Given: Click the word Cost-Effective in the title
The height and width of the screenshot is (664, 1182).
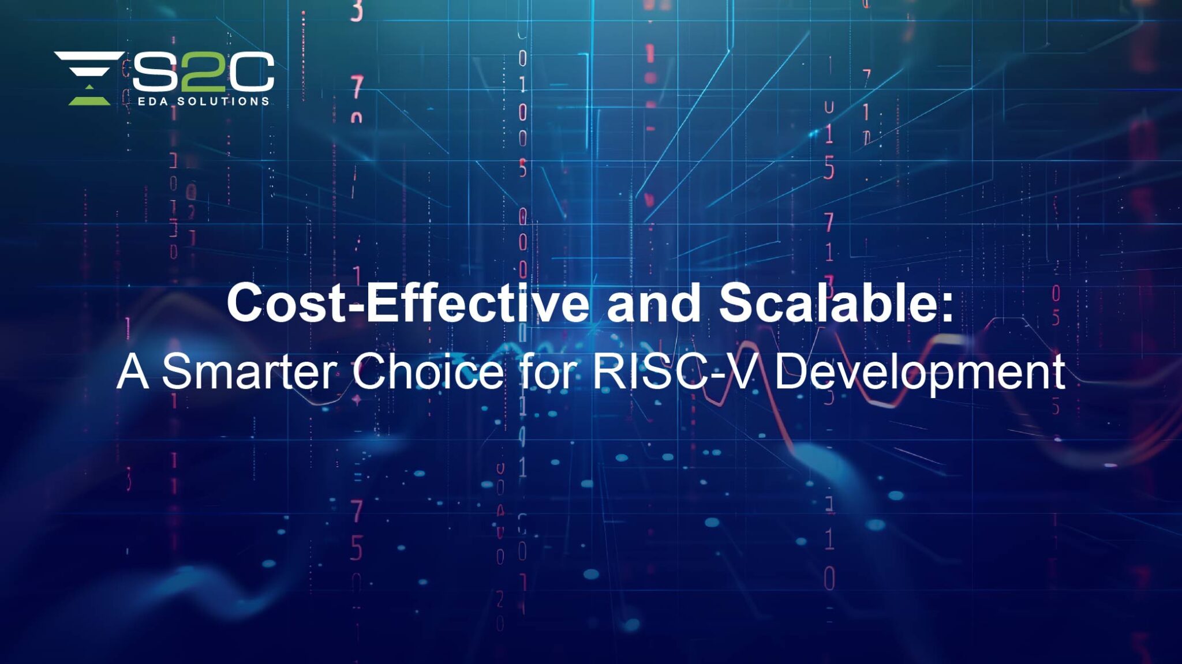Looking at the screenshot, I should [x=407, y=303].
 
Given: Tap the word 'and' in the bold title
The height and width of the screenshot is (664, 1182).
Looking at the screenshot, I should [x=654, y=303].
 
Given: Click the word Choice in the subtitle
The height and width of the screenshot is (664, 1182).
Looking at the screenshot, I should [x=428, y=372].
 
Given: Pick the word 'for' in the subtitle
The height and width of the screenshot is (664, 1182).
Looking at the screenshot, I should [x=548, y=372].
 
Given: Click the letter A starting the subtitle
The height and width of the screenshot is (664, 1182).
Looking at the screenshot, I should [x=132, y=372].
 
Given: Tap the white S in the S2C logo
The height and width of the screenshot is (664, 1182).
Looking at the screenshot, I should [x=154, y=72].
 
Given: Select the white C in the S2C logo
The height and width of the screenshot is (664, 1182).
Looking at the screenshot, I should [x=252, y=72].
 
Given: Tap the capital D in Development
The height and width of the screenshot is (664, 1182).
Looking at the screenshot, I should [x=791, y=372].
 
